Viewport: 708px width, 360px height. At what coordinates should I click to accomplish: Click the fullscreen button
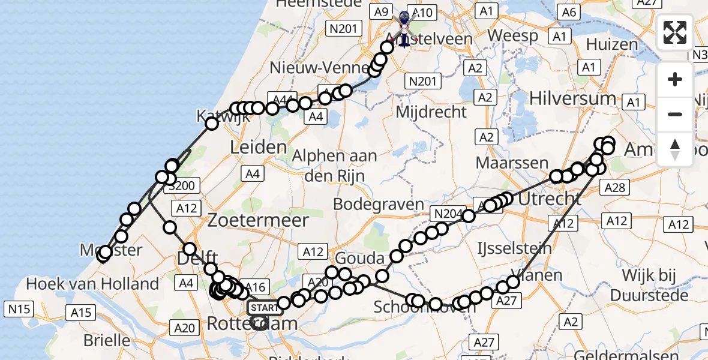tap(675, 32)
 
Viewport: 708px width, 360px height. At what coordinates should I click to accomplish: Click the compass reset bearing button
tap(675, 149)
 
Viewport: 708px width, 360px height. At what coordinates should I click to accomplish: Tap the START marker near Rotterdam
tap(263, 308)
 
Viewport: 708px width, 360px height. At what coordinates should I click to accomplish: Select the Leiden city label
tap(259, 147)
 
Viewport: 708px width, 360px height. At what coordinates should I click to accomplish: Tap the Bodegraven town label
tap(379, 204)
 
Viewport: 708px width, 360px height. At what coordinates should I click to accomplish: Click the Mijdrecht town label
tap(431, 112)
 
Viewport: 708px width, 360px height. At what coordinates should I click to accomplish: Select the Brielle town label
tap(107, 340)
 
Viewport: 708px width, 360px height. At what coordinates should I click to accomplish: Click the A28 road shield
tap(616, 188)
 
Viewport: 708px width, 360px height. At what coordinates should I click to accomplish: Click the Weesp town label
tap(512, 36)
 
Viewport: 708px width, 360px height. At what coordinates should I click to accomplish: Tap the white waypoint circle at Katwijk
tap(212, 124)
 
